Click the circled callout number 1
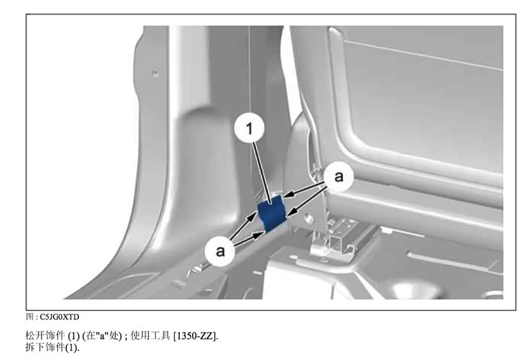point(249,128)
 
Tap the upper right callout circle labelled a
point(339,176)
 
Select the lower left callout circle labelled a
point(220,251)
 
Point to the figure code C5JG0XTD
point(59,317)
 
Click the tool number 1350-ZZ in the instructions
point(195,336)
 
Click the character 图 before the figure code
point(29,316)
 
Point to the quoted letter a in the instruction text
point(102,335)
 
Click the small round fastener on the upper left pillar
point(155,73)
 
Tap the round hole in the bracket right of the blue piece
point(308,219)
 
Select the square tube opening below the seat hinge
point(336,242)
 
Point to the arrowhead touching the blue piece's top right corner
point(287,195)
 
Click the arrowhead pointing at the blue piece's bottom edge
point(258,234)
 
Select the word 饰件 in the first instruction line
point(54,335)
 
